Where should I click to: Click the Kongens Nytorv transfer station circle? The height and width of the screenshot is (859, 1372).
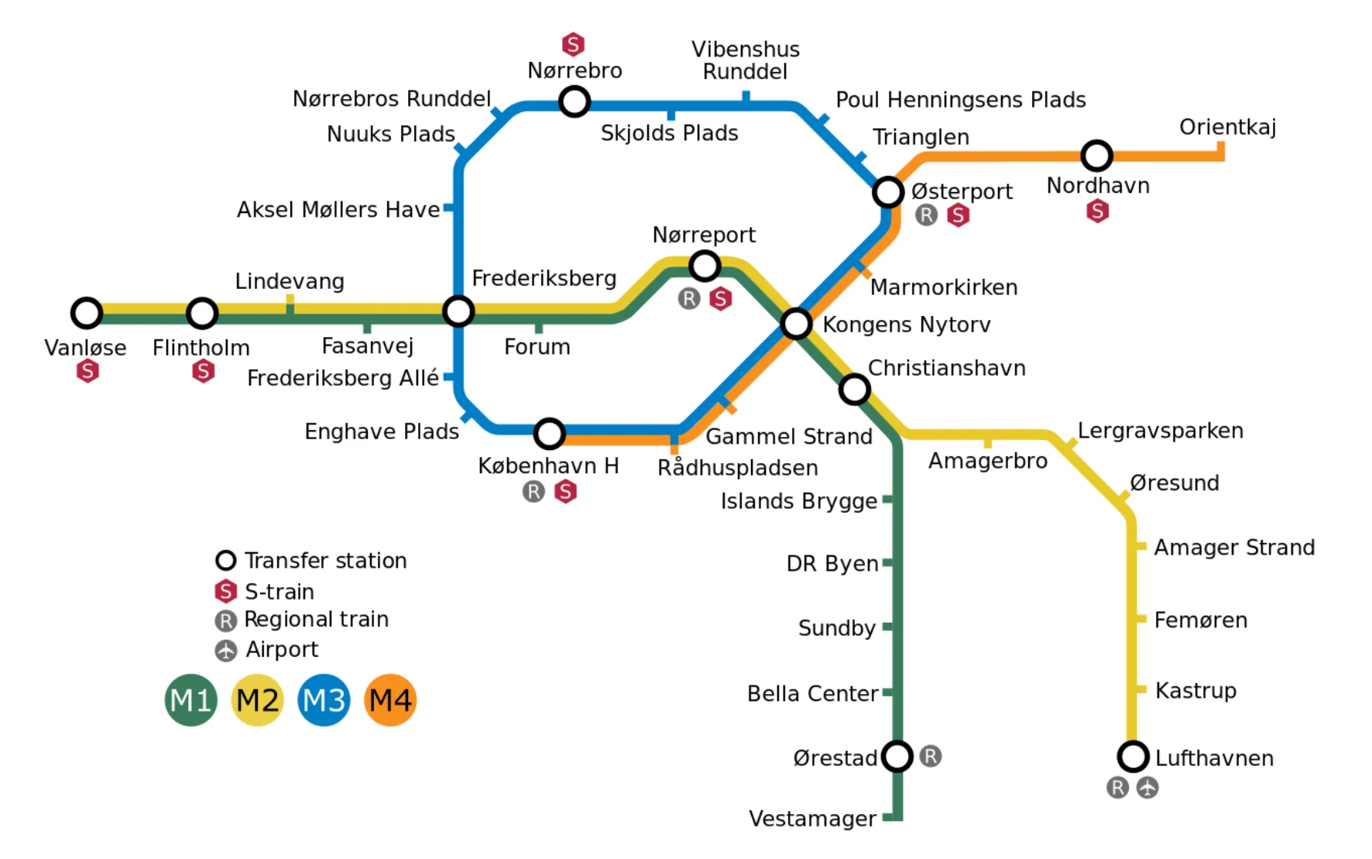click(796, 324)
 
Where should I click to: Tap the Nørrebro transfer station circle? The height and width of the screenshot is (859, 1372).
click(575, 101)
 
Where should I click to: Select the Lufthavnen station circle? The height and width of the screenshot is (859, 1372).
click(1133, 756)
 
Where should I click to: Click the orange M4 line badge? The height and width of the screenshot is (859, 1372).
click(390, 700)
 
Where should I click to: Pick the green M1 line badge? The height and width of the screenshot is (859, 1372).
click(191, 700)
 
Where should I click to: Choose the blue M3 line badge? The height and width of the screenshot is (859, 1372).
click(324, 700)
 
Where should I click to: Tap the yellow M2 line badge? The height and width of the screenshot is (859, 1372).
click(257, 700)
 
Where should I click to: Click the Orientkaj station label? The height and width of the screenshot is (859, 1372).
click(1227, 127)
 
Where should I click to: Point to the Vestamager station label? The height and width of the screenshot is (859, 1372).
click(812, 819)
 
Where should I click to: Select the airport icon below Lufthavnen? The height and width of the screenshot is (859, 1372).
click(1147, 788)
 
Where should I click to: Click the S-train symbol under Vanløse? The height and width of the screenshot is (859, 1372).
click(87, 371)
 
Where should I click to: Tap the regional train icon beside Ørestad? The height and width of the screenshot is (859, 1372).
click(931, 756)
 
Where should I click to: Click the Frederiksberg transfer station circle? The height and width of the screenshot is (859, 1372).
click(458, 311)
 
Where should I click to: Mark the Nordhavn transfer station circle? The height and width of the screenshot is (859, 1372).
click(1096, 156)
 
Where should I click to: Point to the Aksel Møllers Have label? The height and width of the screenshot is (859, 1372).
click(338, 210)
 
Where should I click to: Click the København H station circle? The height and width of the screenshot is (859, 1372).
click(549, 434)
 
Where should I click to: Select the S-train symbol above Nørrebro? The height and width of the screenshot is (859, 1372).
click(573, 44)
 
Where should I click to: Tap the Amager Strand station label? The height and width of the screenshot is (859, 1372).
click(1234, 548)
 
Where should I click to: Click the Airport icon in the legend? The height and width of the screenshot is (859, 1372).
click(225, 651)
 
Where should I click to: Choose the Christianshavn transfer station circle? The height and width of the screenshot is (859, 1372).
click(854, 389)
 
